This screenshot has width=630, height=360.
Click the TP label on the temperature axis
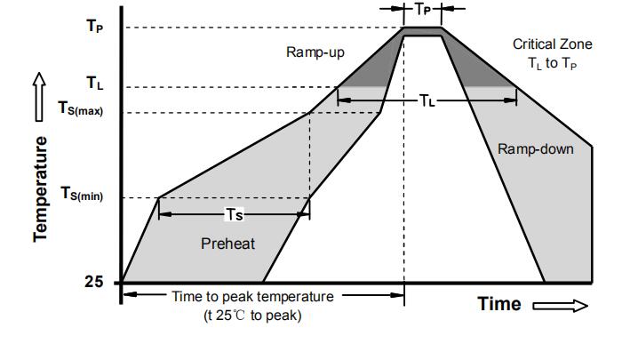(94, 26)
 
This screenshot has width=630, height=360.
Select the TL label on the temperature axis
(94, 84)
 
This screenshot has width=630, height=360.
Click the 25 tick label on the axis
(93, 282)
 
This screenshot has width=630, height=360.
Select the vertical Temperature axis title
(40, 188)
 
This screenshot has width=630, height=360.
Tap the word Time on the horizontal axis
(499, 304)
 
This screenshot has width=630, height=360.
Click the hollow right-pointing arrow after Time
(560, 305)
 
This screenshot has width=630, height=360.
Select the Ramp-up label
(315, 52)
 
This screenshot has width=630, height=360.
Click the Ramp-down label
(535, 149)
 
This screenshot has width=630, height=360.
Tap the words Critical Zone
(552, 44)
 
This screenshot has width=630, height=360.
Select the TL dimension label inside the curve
(427, 100)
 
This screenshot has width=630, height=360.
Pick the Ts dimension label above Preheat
(234, 214)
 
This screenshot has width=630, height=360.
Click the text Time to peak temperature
(252, 297)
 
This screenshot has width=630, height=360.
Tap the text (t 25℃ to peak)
(252, 316)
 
